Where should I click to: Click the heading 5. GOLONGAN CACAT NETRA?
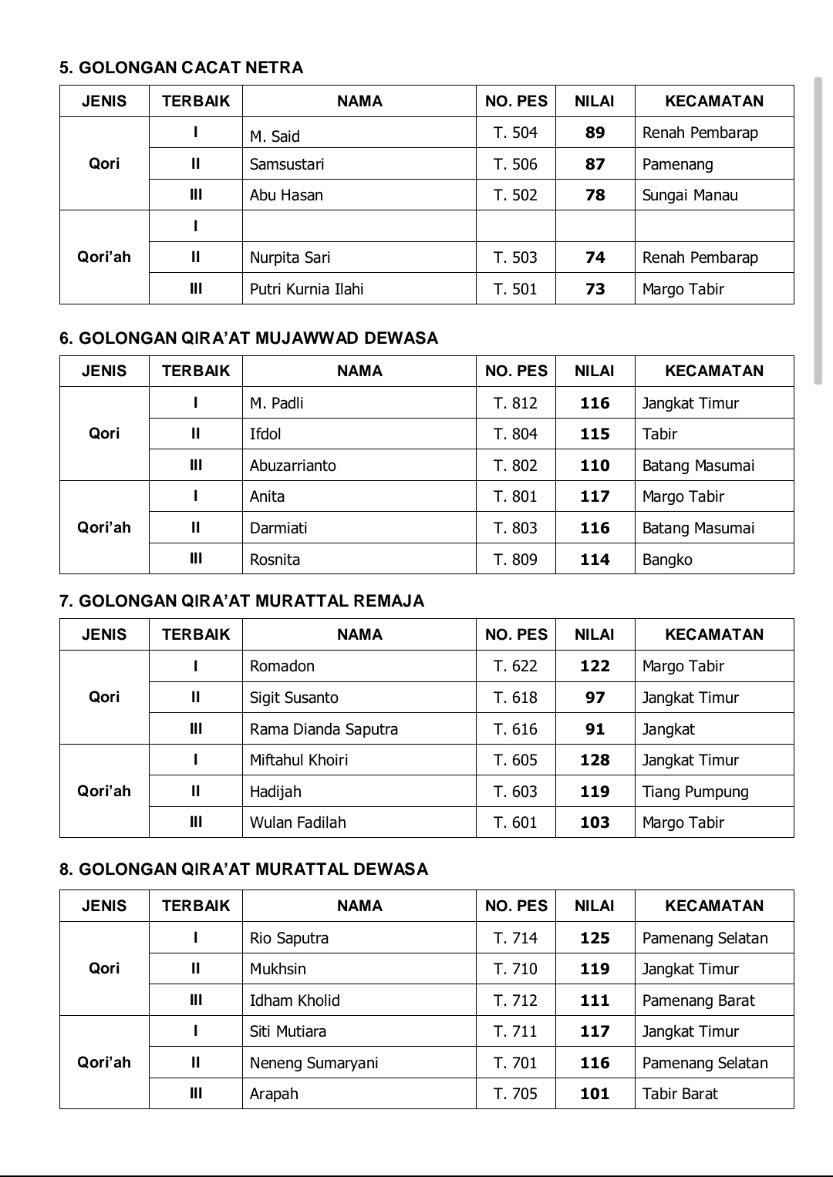tap(181, 68)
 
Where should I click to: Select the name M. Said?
tap(275, 136)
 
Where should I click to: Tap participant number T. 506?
tap(515, 164)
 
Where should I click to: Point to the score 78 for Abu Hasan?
tap(595, 195)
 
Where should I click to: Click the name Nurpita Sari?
tap(289, 257)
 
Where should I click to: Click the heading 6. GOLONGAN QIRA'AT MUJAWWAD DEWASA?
tap(248, 338)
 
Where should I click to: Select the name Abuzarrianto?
tap(292, 466)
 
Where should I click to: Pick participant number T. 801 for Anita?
tap(515, 496)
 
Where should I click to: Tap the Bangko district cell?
tap(667, 560)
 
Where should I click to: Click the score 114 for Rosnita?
tap(595, 560)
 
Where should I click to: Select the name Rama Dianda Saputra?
tap(323, 729)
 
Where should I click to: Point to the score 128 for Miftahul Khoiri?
tap(595, 760)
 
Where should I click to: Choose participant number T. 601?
tap(515, 822)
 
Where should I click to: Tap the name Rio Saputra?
tap(288, 938)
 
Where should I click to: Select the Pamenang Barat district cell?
tap(698, 1000)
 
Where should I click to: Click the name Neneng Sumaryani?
tap(314, 1063)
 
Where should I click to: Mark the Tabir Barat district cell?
tap(680, 1094)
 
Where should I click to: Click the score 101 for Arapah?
tap(595, 1094)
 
